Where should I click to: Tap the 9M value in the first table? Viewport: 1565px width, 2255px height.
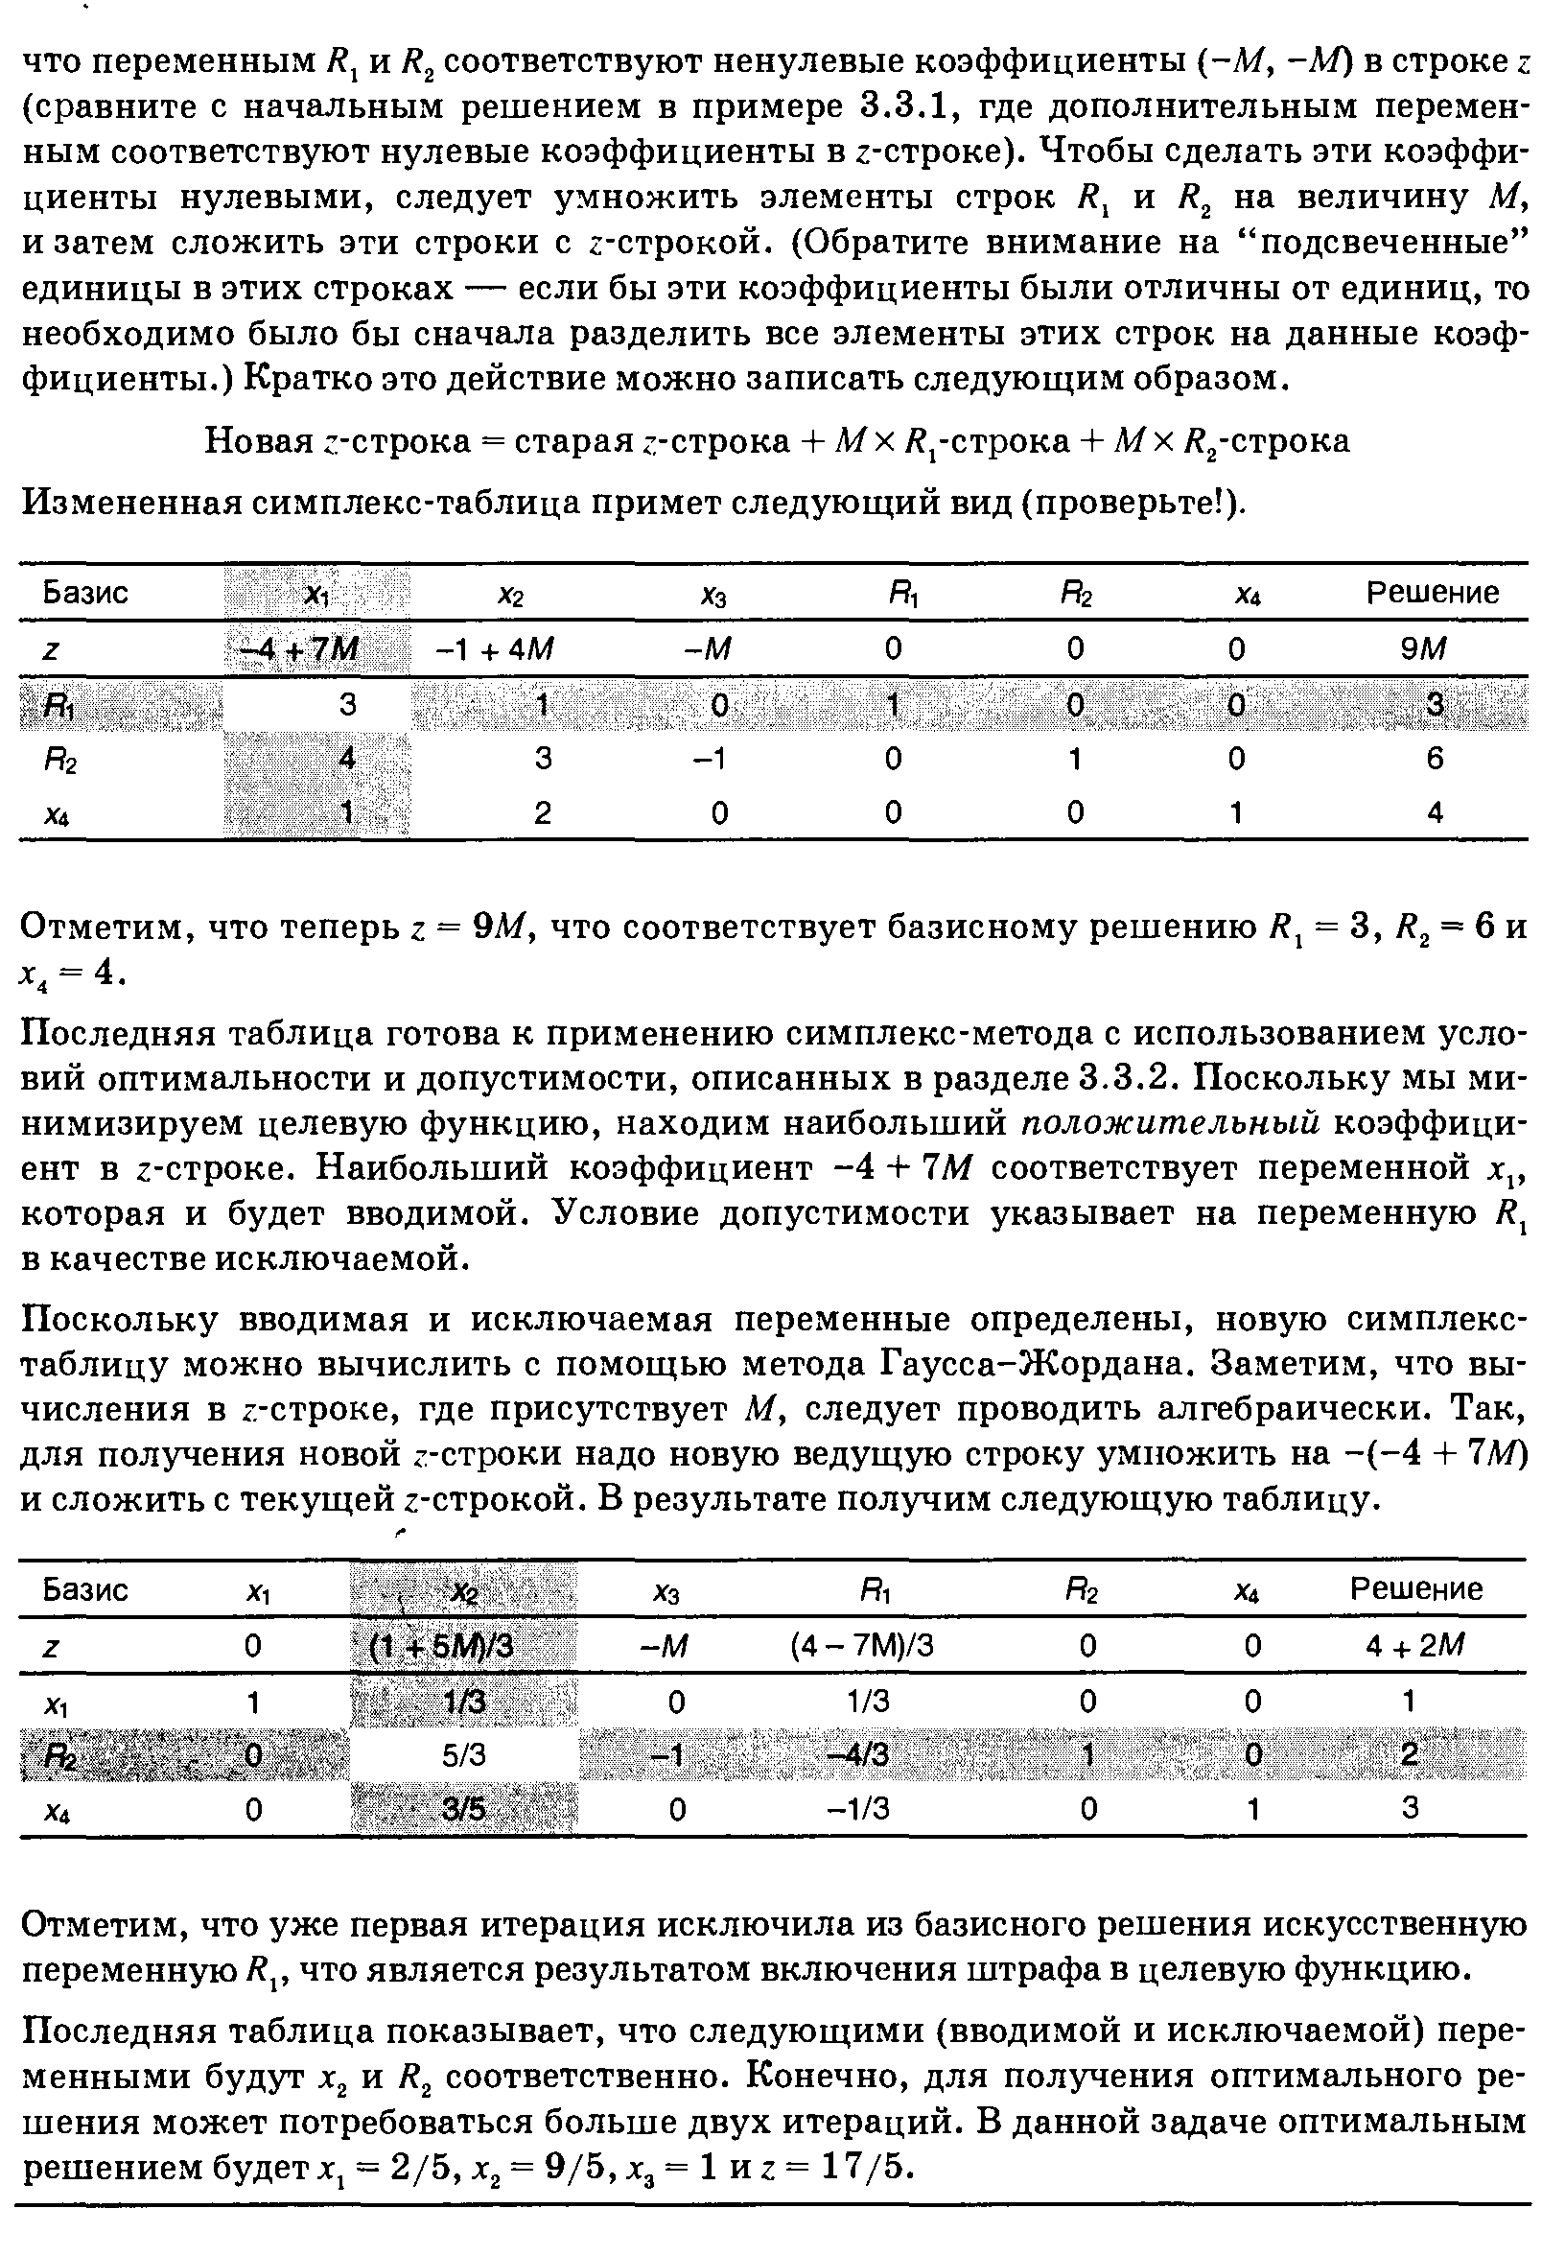click(1433, 649)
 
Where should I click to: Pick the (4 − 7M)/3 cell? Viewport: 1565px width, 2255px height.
click(862, 1646)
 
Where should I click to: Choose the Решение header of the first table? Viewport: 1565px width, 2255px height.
click(1433, 593)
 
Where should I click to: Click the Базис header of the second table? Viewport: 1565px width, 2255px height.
click(85, 1589)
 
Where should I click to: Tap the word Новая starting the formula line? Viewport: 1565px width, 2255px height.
click(258, 441)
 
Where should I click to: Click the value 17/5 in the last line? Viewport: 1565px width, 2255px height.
click(862, 2166)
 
